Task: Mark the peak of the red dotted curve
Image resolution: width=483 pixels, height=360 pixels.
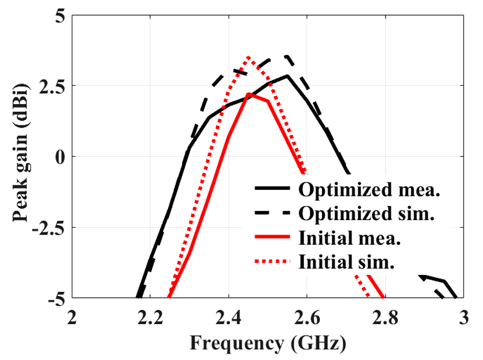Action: click(249, 58)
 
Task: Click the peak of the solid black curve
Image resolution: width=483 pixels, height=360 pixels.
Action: click(288, 76)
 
